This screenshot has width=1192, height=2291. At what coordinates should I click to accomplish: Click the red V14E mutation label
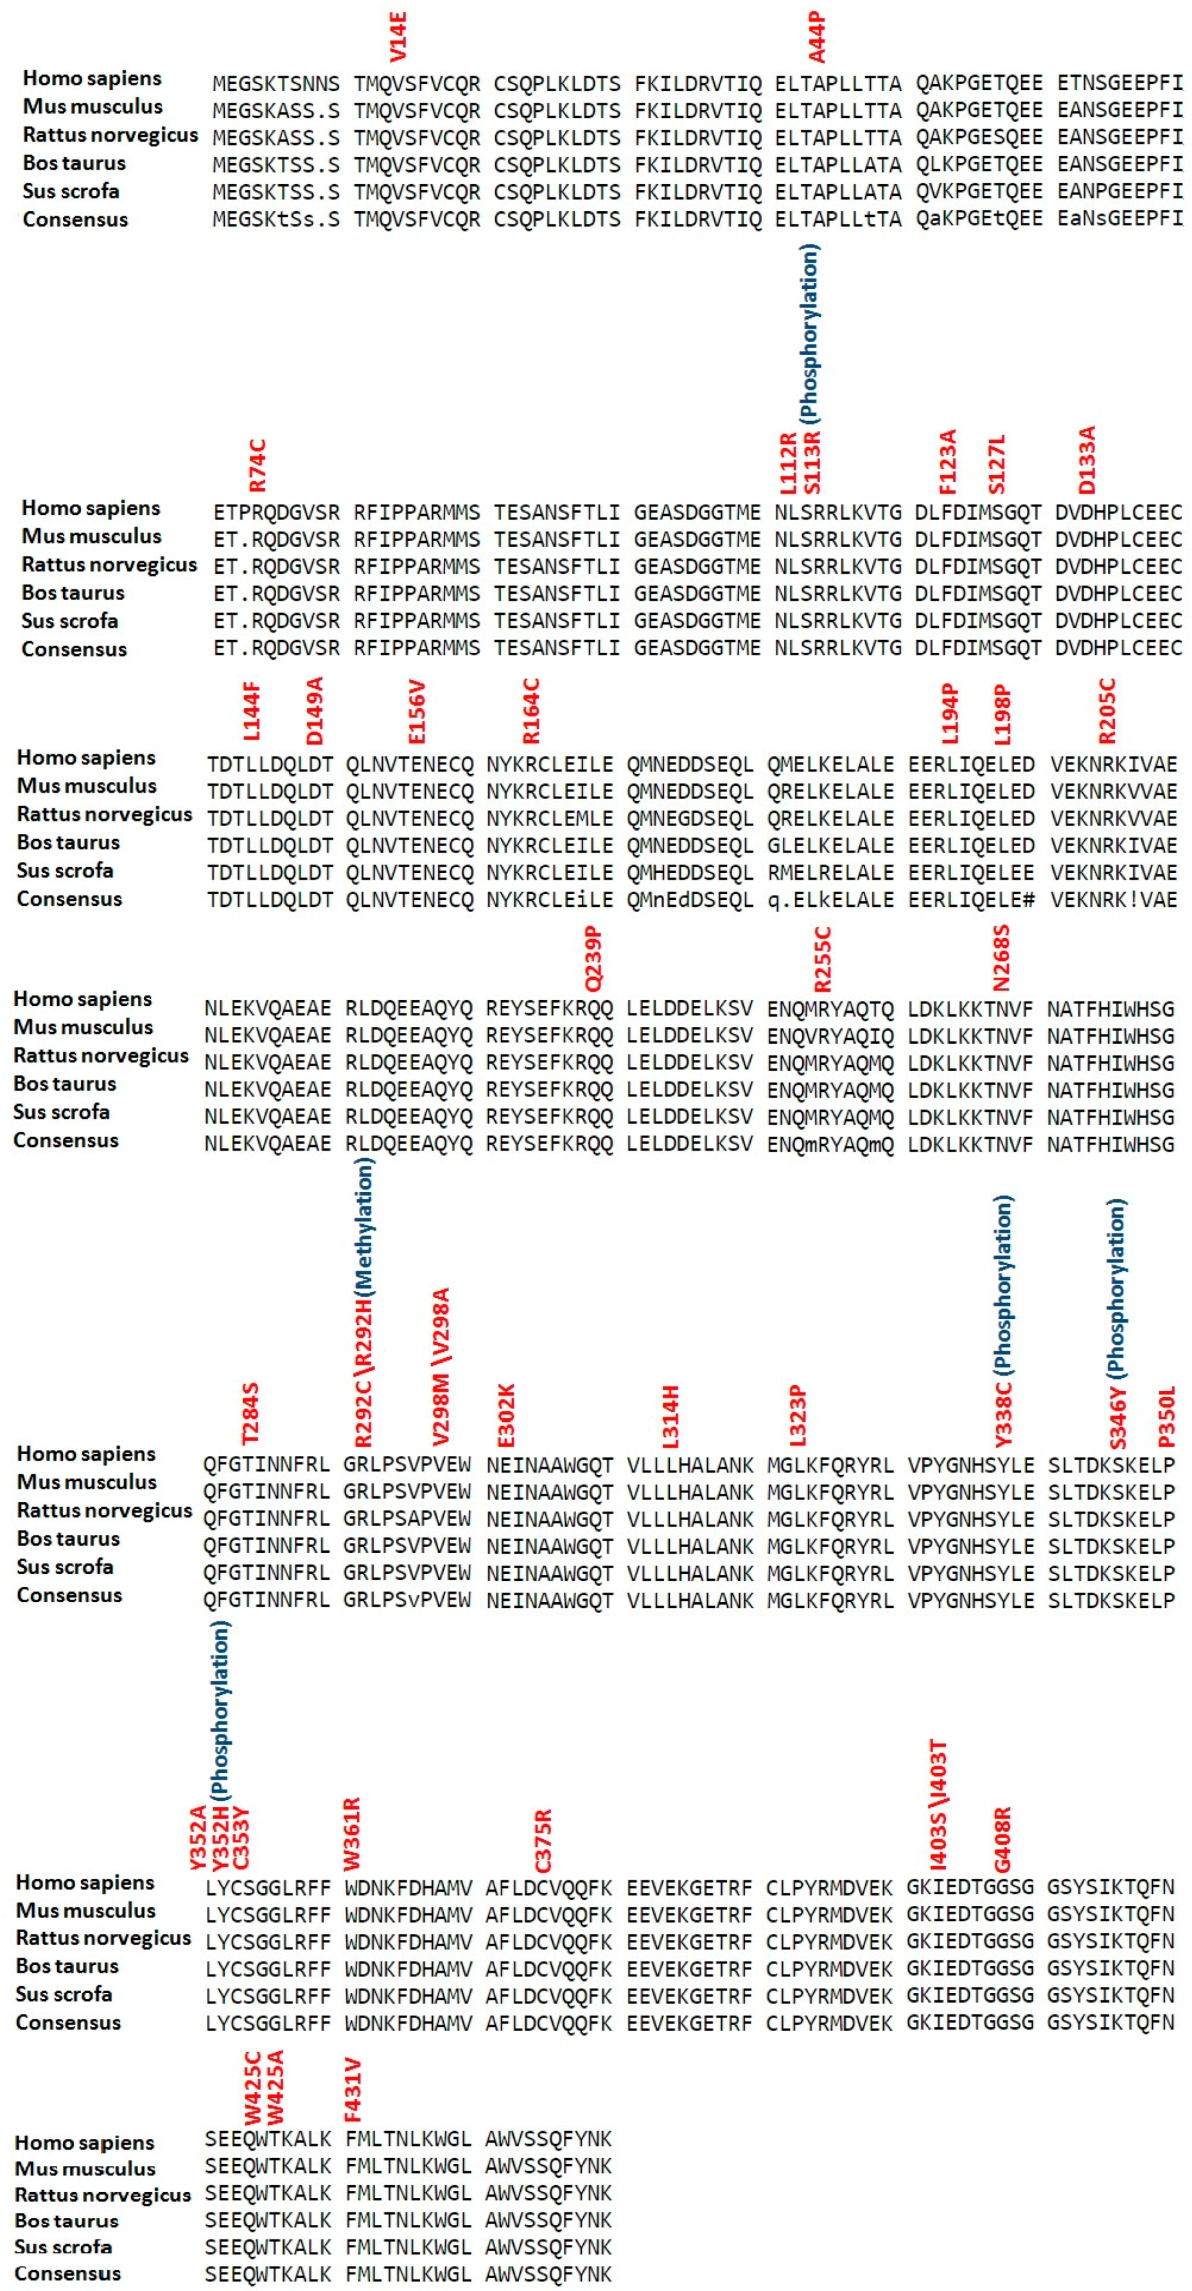(398, 37)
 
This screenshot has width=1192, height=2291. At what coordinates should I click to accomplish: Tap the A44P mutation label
(816, 37)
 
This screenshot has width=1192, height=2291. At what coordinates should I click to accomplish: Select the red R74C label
(257, 465)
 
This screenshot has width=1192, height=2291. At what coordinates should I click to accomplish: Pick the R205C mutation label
(1107, 711)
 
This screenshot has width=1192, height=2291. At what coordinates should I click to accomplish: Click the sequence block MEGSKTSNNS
(276, 83)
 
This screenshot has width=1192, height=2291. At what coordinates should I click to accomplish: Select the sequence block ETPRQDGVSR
(276, 512)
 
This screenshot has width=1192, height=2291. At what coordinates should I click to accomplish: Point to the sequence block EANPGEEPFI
(1119, 191)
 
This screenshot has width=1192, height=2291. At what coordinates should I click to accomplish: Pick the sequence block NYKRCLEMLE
(549, 818)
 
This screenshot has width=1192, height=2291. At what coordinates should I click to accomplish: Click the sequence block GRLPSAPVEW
(407, 1519)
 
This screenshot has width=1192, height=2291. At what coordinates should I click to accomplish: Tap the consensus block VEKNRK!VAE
(1114, 899)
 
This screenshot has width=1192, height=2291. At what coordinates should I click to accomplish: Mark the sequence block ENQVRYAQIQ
(830, 1036)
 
